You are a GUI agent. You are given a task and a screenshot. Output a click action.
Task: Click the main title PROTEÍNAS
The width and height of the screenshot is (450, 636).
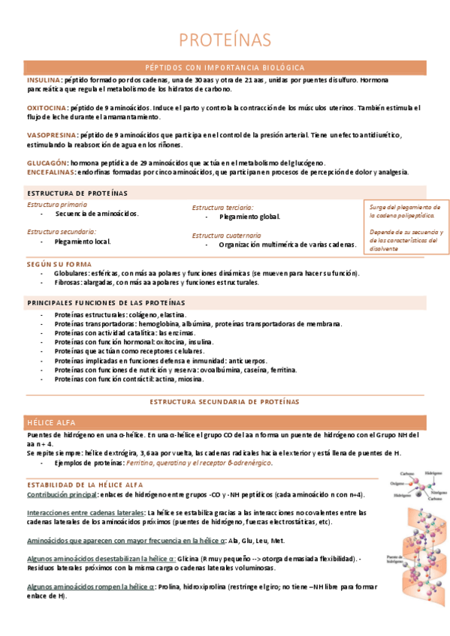coord(225,40)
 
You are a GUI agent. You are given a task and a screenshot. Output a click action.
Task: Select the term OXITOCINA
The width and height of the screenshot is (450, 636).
coord(47,108)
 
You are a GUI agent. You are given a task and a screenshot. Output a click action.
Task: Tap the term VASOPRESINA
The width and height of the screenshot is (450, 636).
coord(51,135)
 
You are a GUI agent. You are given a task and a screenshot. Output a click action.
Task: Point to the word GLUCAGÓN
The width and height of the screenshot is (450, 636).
coord(47,163)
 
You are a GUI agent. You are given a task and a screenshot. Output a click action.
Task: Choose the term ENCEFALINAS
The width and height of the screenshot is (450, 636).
coord(50,172)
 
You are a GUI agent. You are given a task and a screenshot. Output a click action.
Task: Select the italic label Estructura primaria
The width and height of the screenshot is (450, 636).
coord(57,204)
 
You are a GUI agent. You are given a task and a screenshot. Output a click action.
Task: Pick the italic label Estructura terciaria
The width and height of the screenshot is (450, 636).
coord(222,207)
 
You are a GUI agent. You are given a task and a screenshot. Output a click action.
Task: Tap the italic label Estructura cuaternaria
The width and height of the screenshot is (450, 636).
coord(226,235)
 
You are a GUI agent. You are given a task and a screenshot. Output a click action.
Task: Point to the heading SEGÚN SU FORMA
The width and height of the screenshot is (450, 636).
coord(59,264)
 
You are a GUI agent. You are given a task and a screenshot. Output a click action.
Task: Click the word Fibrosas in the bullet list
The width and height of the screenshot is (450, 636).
coord(69,283)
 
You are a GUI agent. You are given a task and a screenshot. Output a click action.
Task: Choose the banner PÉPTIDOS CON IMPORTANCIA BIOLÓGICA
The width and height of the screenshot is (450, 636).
coord(225,67)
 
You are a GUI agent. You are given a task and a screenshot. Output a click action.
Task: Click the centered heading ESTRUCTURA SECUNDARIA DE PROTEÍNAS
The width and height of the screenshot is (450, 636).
coord(225,402)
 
